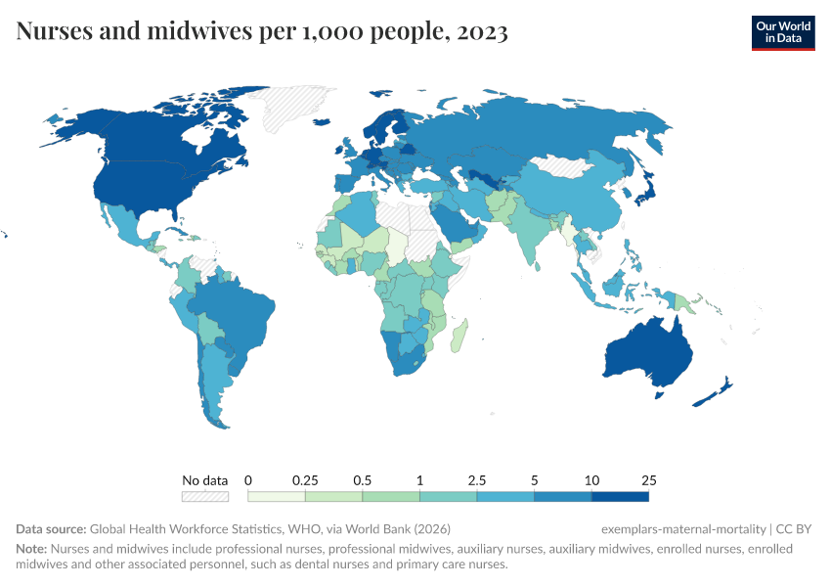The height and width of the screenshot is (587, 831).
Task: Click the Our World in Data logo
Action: point(783,31)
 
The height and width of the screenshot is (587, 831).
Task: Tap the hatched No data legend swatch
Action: point(205,497)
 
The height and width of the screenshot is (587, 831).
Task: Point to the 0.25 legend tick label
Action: point(305,480)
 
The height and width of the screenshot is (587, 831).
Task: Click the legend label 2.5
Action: point(477,480)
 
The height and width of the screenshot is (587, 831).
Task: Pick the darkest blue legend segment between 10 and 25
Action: point(620,497)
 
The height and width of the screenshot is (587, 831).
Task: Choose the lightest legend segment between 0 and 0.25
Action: point(277,497)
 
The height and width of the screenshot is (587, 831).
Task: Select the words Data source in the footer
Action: point(51,528)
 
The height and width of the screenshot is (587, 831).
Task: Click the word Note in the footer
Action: point(32,549)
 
